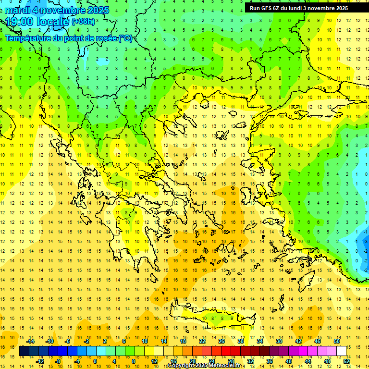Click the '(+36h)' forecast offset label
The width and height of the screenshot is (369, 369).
pyautogui.click(x=83, y=22)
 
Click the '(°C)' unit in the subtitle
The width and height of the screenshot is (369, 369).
pyautogui.click(x=125, y=38)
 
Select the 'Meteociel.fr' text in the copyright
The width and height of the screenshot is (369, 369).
pyautogui.click(x=224, y=366)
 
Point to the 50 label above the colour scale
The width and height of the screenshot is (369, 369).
pyautogui.click(x=337, y=341)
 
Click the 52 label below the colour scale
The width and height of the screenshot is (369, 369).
pyautogui.click(x=346, y=361)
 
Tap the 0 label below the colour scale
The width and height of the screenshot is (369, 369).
pyautogui.click(x=95, y=361)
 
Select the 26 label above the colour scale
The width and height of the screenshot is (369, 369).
pyautogui.click(x=221, y=341)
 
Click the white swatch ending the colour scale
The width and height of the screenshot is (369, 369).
pyautogui.click(x=342, y=351)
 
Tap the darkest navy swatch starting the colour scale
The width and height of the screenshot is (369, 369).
pyautogui.click(x=24, y=351)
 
